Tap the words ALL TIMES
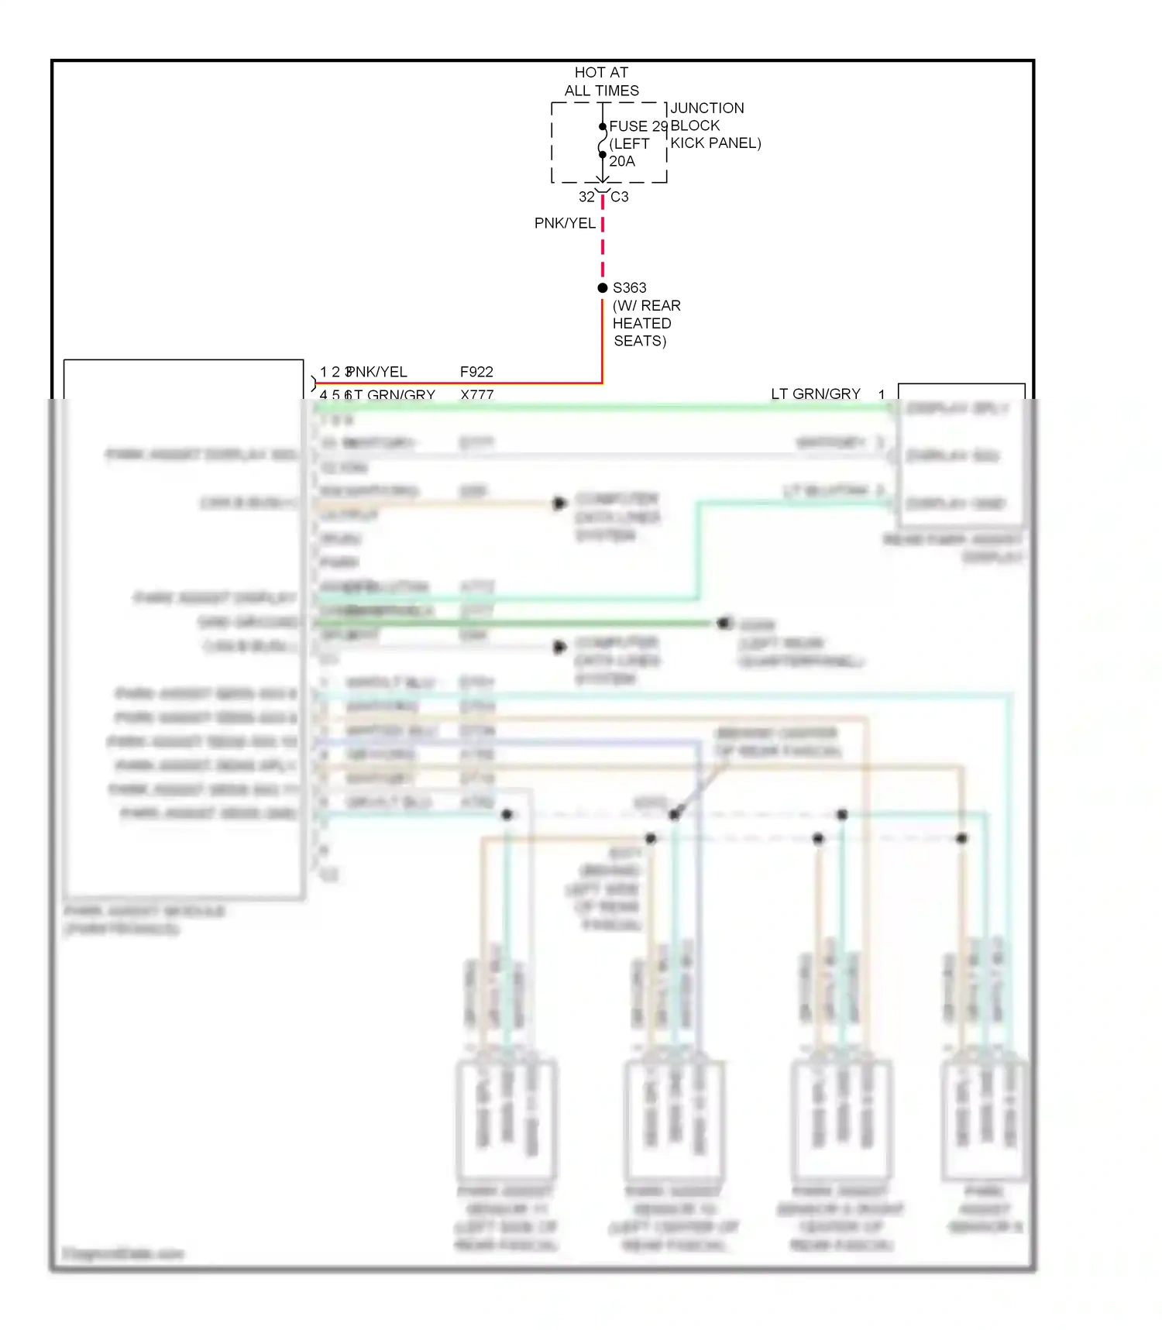click(601, 91)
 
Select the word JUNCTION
click(706, 108)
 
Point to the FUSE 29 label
click(638, 125)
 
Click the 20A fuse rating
click(621, 161)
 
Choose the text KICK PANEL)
click(715, 143)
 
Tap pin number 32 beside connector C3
click(586, 197)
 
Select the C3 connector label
click(620, 197)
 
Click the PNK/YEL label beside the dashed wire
click(565, 223)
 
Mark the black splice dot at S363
click(603, 287)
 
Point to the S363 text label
click(629, 287)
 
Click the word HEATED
click(641, 323)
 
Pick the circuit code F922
click(476, 372)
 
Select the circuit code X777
click(476, 394)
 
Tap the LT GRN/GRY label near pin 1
click(815, 394)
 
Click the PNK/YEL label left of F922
click(377, 372)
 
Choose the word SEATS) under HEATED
click(640, 341)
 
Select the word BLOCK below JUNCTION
click(695, 125)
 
